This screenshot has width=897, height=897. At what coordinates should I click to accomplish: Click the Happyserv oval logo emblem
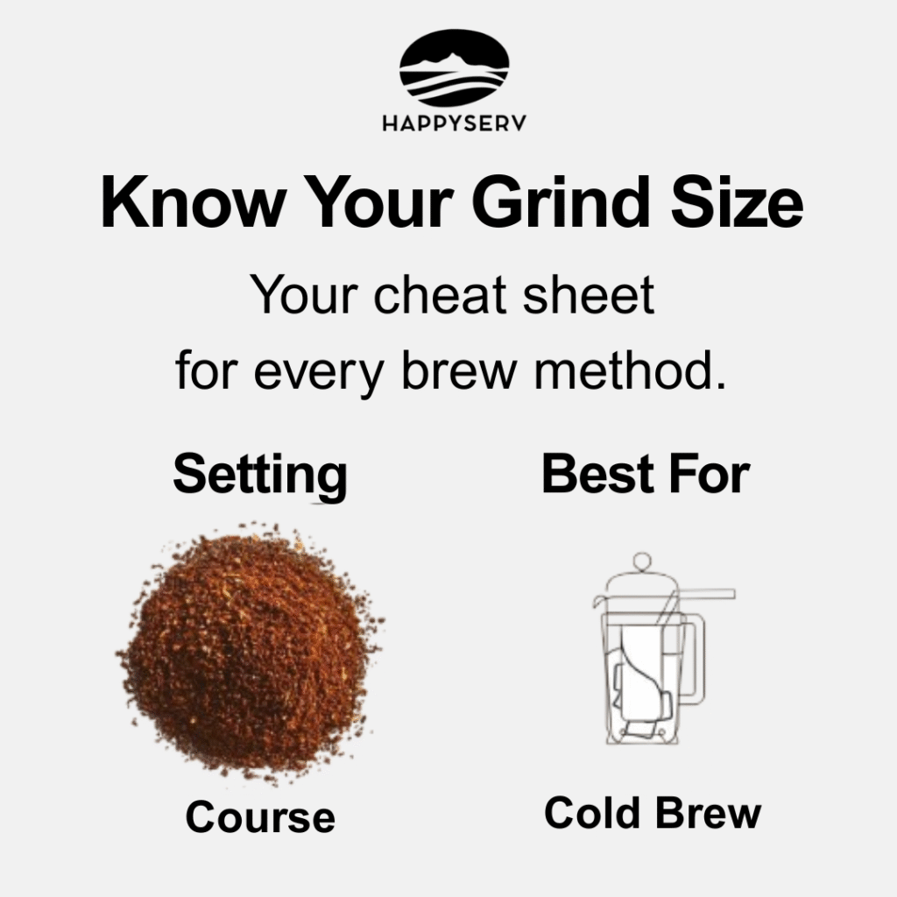click(455, 67)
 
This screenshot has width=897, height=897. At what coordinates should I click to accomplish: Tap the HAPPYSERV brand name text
click(455, 123)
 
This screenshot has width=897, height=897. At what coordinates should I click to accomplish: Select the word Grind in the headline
click(560, 202)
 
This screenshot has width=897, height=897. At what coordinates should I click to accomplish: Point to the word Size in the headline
click(738, 202)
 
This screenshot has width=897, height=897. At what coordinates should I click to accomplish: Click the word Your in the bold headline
click(378, 202)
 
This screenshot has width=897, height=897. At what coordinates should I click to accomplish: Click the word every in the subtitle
click(319, 371)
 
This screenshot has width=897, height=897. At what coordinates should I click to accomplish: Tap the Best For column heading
click(646, 473)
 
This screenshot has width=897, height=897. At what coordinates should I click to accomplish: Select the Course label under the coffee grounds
click(260, 817)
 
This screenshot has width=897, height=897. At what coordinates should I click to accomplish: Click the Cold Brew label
click(653, 812)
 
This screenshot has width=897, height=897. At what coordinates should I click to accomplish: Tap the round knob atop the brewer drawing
click(642, 562)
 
